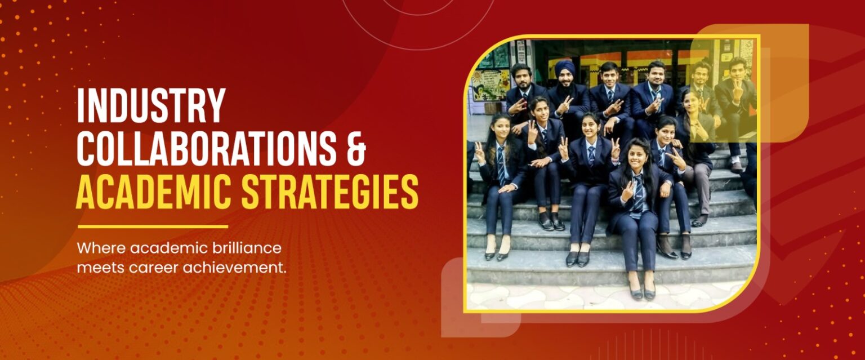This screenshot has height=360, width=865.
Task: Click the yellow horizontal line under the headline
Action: click(153, 226)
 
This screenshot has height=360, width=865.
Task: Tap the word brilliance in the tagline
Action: click(246, 248)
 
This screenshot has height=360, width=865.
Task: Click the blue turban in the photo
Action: click(565, 67)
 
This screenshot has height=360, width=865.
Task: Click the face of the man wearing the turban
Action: click(565, 80)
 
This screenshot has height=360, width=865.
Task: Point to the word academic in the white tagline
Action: click(168, 248)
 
